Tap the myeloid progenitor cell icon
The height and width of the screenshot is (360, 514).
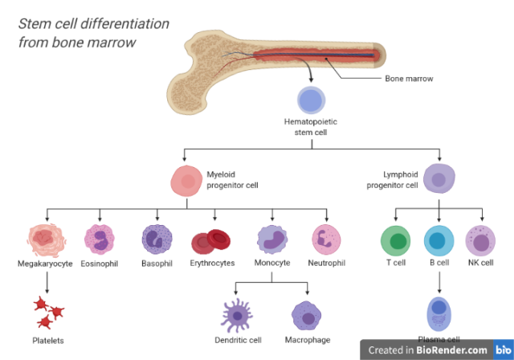tap(187, 181)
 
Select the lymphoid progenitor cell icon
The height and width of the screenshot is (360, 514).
tap(439, 179)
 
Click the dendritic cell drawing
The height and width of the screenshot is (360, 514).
tap(237, 315)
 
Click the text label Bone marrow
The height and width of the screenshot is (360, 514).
tap(410, 79)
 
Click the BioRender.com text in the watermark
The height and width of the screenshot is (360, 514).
tap(451, 350)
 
